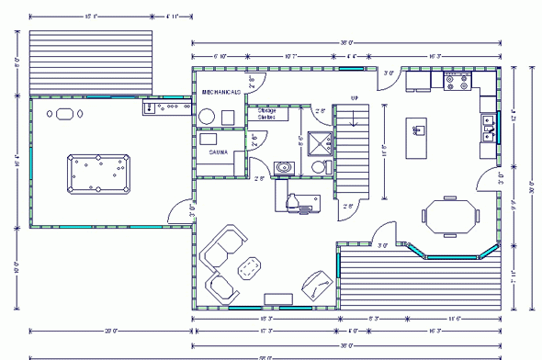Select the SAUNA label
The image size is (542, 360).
(218, 152)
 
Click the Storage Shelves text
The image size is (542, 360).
(267, 114)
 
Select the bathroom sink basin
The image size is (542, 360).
(285, 167)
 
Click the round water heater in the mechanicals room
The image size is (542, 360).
(208, 117)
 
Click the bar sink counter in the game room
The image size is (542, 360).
(166, 107)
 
